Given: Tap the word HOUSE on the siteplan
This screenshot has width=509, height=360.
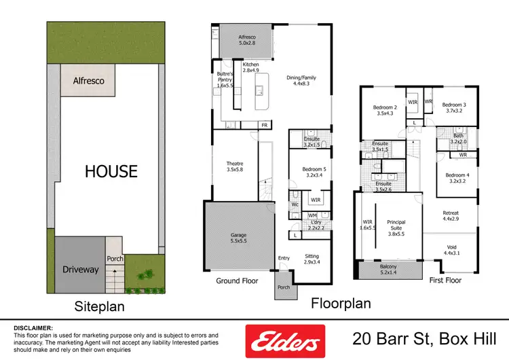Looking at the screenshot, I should pyautogui.click(x=111, y=171).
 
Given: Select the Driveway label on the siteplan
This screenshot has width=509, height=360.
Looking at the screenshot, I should pyautogui.click(x=80, y=270).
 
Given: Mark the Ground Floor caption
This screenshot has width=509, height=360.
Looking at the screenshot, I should pyautogui.click(x=237, y=281).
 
